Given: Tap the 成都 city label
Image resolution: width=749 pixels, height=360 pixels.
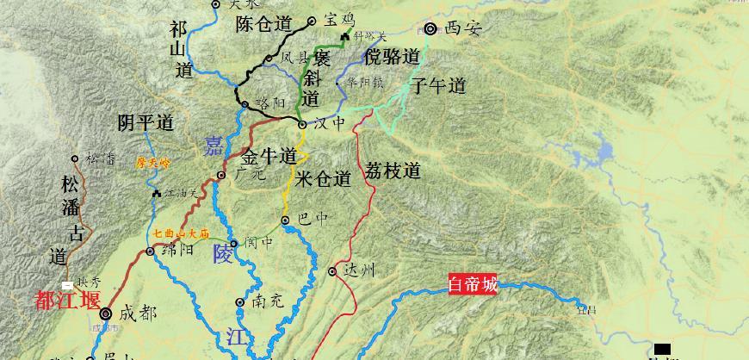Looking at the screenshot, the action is click(x=139, y=313).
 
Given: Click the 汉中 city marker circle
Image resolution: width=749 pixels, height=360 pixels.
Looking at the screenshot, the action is click(x=302, y=125).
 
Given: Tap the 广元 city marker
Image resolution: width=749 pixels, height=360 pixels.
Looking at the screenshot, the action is click(x=221, y=175).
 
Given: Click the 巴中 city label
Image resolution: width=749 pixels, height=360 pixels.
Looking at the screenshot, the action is click(x=312, y=219).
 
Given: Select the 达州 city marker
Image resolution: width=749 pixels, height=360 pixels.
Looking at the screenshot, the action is click(x=332, y=271).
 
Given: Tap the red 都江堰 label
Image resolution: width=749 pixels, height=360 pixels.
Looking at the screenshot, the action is click(x=67, y=301).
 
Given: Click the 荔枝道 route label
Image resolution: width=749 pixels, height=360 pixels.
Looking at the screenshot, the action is click(x=393, y=171).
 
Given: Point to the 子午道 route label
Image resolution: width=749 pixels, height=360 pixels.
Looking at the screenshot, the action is click(x=438, y=86).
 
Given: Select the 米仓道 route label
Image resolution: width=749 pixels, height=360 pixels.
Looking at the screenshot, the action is click(x=323, y=179).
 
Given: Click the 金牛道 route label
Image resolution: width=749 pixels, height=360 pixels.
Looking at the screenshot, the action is click(x=269, y=157).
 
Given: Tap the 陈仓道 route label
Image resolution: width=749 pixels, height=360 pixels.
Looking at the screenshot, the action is click(x=263, y=25).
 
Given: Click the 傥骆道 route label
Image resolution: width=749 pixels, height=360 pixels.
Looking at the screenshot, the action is click(x=392, y=58).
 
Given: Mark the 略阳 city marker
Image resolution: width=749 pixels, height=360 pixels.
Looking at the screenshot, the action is click(x=245, y=105).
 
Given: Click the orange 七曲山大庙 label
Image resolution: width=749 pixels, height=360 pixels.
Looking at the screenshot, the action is click(x=183, y=233).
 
